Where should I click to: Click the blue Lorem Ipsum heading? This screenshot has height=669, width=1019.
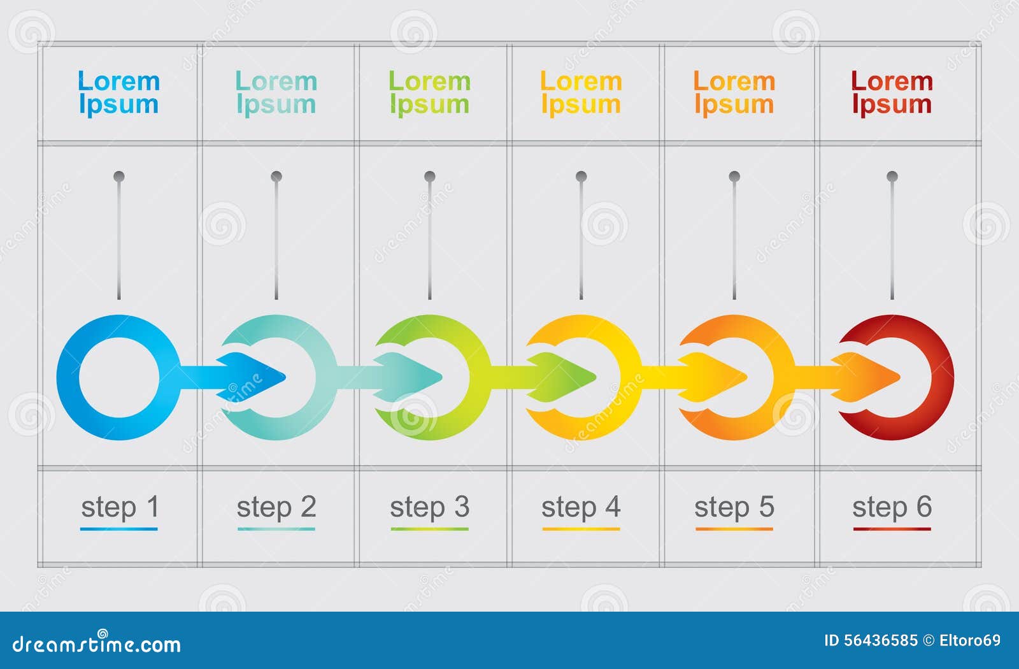(118, 93)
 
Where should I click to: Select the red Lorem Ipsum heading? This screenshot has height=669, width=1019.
(892, 93)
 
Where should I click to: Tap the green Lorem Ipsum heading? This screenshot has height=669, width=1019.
(429, 93)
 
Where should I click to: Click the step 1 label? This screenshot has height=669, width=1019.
(119, 507)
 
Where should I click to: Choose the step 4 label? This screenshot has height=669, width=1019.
(581, 507)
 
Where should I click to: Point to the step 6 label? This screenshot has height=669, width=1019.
(892, 507)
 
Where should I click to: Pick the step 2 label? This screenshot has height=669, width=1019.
(276, 507)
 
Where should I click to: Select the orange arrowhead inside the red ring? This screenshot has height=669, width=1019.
(873, 377)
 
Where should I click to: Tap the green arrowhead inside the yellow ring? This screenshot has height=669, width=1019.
(567, 377)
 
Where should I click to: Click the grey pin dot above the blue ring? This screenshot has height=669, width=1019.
(119, 176)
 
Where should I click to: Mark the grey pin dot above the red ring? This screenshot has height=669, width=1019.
(892, 176)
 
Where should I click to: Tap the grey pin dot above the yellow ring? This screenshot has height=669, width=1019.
(581, 176)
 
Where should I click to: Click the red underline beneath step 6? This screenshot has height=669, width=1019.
(892, 529)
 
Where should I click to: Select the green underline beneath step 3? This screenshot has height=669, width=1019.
(429, 529)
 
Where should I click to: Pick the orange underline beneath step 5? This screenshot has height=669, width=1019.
(734, 529)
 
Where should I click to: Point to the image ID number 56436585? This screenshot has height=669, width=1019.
(883, 640)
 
